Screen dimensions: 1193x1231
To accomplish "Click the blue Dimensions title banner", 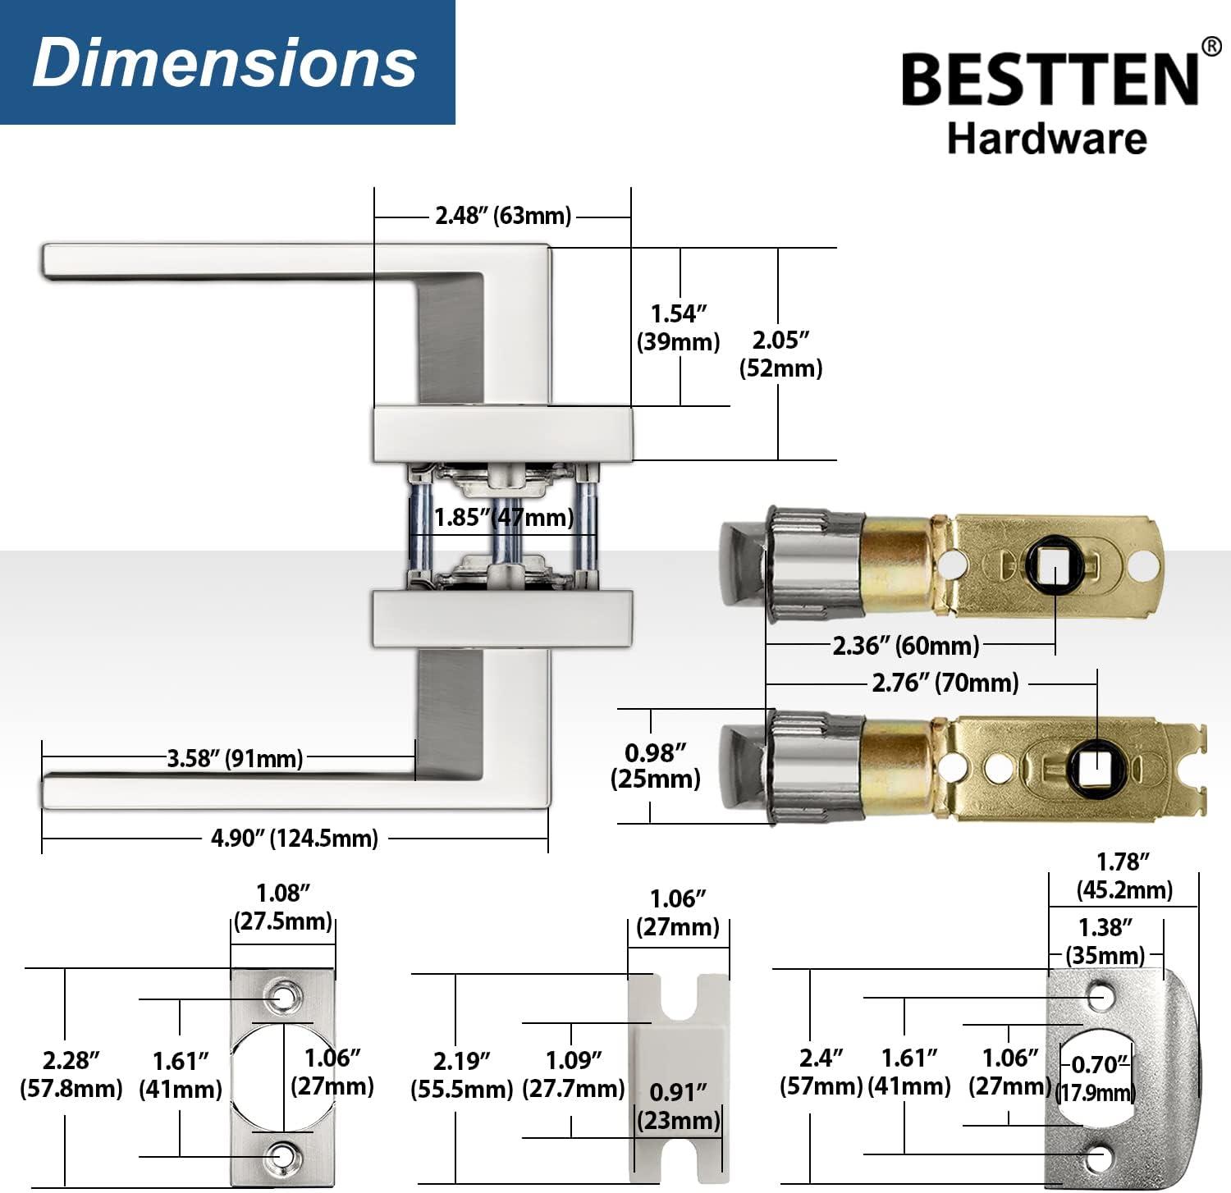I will pyautogui.click(x=227, y=62).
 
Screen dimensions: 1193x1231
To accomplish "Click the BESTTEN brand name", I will pyautogui.click(x=1050, y=79).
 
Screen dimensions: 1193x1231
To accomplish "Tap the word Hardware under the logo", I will pyautogui.click(x=1046, y=139).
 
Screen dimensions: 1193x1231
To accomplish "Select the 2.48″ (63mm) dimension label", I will pyautogui.click(x=502, y=216).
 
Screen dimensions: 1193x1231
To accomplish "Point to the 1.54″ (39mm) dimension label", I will pyautogui.click(x=678, y=327).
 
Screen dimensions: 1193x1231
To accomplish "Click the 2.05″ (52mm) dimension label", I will pyautogui.click(x=780, y=354).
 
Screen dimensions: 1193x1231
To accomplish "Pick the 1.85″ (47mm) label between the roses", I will pyautogui.click(x=504, y=518).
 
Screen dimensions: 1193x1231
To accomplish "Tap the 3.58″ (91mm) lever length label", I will pyautogui.click(x=235, y=758).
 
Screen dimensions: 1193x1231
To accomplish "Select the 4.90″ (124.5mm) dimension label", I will pyautogui.click(x=295, y=839).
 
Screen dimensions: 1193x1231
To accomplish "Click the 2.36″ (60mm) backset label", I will pyautogui.click(x=906, y=646).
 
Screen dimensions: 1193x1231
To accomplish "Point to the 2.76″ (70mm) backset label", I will pyautogui.click(x=945, y=683).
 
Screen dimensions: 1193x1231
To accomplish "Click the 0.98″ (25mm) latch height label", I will pyautogui.click(x=655, y=766).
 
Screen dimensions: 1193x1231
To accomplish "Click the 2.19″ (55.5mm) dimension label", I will pyautogui.click(x=461, y=1075).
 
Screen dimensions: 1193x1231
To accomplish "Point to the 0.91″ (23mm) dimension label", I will pyautogui.click(x=678, y=1106).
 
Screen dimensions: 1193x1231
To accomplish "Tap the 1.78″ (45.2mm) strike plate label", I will pyautogui.click(x=1123, y=875).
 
